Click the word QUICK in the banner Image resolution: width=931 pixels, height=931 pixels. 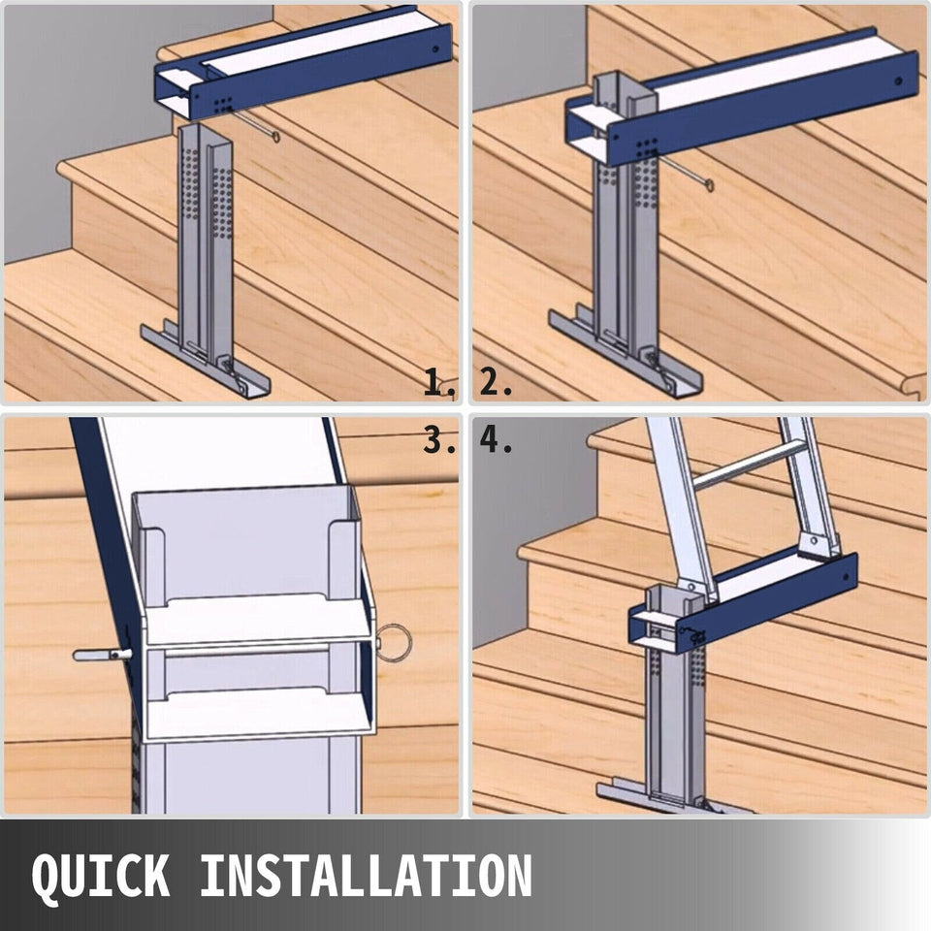(101, 875)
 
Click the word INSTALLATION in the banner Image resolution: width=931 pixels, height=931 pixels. (366, 875)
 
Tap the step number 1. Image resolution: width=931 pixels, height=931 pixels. (440, 382)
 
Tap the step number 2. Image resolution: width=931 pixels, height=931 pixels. (496, 382)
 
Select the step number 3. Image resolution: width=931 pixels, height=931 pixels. (440, 440)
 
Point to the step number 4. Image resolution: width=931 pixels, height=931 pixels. (496, 440)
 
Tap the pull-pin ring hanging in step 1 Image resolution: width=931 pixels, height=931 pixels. (275, 137)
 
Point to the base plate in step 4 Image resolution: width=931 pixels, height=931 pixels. (675, 798)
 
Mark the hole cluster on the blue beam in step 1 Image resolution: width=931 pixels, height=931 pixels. (222, 105)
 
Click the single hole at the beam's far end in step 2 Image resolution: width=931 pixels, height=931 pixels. (898, 80)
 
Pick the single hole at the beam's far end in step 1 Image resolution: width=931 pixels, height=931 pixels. (435, 49)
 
